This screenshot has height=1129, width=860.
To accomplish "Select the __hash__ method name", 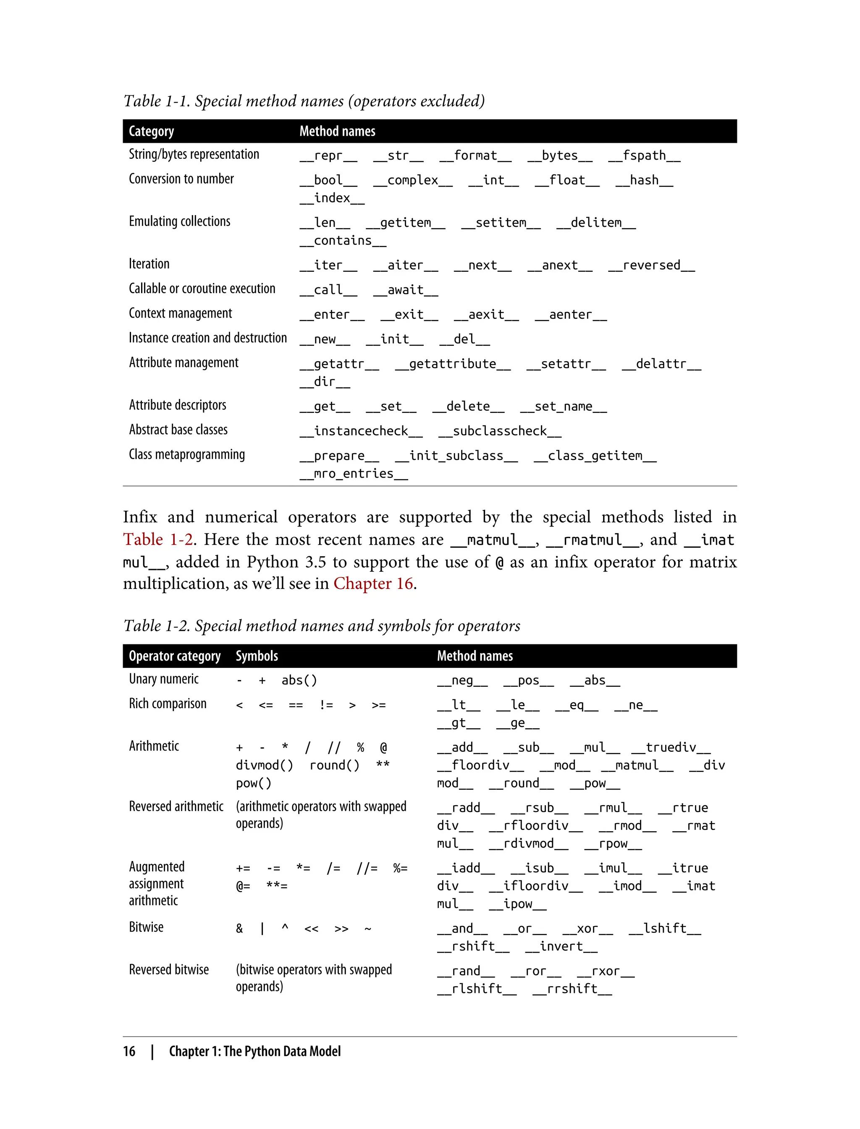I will click(644, 180).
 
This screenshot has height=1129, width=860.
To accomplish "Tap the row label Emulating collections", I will click(179, 221).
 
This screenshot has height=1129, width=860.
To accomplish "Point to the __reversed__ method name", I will click(651, 265).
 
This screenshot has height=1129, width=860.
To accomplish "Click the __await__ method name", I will click(405, 290).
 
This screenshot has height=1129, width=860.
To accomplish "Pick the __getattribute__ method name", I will click(453, 364).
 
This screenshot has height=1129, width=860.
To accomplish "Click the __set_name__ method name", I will click(563, 407).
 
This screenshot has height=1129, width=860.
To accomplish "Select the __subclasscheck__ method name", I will click(500, 431).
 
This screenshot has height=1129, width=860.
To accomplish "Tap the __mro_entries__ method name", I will click(354, 474).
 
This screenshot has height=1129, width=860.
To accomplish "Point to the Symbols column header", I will click(257, 656).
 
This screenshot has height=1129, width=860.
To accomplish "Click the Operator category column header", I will click(175, 656).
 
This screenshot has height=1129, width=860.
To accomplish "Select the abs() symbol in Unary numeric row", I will click(299, 680).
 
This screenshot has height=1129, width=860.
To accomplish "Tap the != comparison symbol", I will click(326, 705).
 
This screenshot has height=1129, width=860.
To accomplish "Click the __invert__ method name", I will click(561, 946).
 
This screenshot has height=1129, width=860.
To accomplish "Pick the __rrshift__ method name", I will click(572, 989).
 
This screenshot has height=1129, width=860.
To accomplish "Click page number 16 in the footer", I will click(129, 1051).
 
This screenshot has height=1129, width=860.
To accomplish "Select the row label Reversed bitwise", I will click(169, 970).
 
